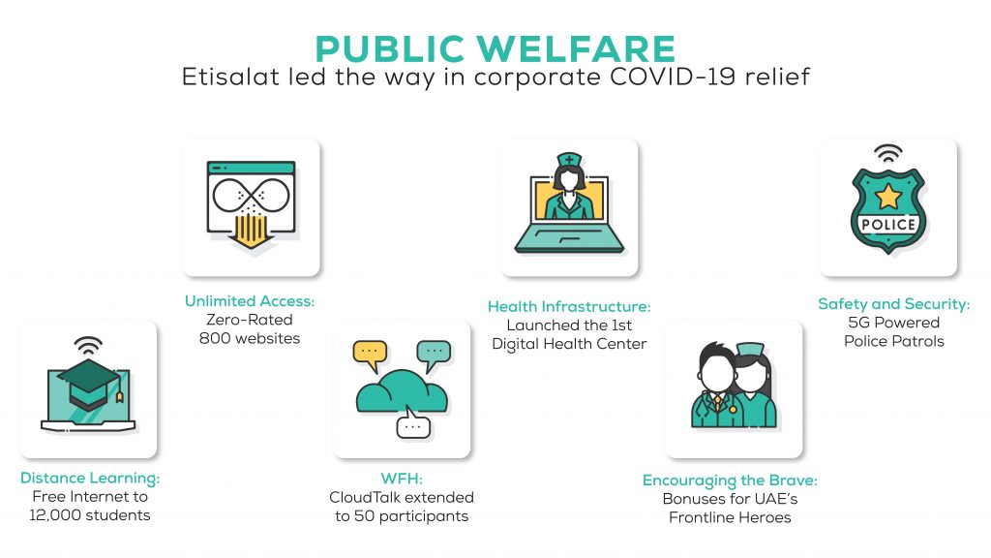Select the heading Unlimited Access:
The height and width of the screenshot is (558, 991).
click(x=250, y=301)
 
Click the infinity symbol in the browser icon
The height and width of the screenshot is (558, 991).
click(x=251, y=195)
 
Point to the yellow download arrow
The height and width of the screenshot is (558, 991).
click(x=251, y=232)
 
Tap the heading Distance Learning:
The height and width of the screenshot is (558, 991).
click(x=90, y=478)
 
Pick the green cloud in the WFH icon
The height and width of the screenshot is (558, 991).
click(x=402, y=392)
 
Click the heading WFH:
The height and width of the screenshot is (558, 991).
click(x=402, y=479)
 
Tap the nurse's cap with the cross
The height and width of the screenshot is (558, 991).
click(x=569, y=160)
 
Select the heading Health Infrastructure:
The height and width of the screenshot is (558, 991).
click(x=569, y=307)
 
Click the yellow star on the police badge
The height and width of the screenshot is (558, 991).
click(x=888, y=196)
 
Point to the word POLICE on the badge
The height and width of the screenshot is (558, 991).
click(x=888, y=225)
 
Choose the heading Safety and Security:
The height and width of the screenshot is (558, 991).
click(x=893, y=304)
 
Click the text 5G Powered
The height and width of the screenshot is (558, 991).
click(x=893, y=323)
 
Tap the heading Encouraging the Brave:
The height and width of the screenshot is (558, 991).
click(x=730, y=480)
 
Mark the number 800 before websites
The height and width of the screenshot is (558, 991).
click(x=214, y=338)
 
